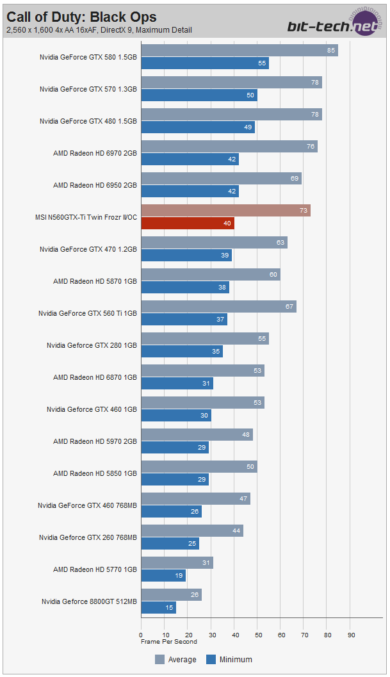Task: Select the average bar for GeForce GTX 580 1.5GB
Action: (x=239, y=51)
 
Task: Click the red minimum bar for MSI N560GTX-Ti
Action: (x=188, y=224)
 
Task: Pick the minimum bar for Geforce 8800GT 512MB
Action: (x=158, y=608)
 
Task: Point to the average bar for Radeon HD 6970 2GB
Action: (x=229, y=147)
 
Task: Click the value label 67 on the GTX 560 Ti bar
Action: (x=290, y=307)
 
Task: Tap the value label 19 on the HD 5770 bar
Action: (x=178, y=576)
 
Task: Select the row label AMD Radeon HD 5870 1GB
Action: (x=95, y=281)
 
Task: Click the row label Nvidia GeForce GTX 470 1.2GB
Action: (x=88, y=249)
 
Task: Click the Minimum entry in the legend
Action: (x=229, y=659)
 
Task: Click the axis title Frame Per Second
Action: (x=169, y=641)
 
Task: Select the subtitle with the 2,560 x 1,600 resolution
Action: (x=99, y=30)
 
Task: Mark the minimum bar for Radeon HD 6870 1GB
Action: (x=177, y=384)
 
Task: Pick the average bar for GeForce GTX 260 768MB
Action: (x=191, y=531)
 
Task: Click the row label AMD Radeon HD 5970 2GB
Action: (x=95, y=441)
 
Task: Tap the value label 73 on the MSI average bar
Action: (x=304, y=211)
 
